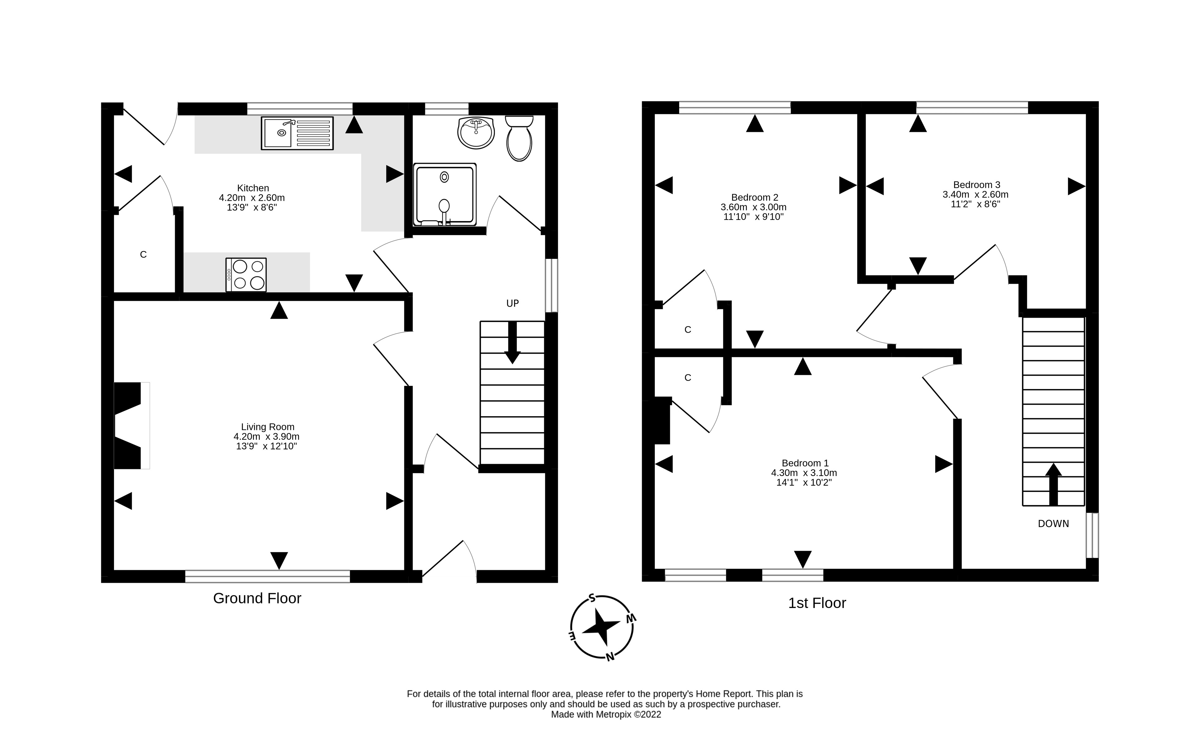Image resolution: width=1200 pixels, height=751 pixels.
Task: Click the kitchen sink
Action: tap(297, 133)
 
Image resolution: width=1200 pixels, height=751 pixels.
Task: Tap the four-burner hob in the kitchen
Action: tap(246, 275)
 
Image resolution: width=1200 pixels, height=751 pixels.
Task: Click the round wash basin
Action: tap(476, 133)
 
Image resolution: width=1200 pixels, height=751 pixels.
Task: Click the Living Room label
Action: tap(268, 427)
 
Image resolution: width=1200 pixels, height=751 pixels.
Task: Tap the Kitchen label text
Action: tap(253, 188)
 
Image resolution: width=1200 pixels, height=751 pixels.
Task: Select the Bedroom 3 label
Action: tap(976, 185)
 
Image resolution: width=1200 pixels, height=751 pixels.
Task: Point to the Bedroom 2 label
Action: tap(755, 197)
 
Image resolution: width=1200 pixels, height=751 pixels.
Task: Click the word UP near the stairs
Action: tap(512, 303)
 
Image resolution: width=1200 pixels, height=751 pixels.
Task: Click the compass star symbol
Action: tap(602, 628)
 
